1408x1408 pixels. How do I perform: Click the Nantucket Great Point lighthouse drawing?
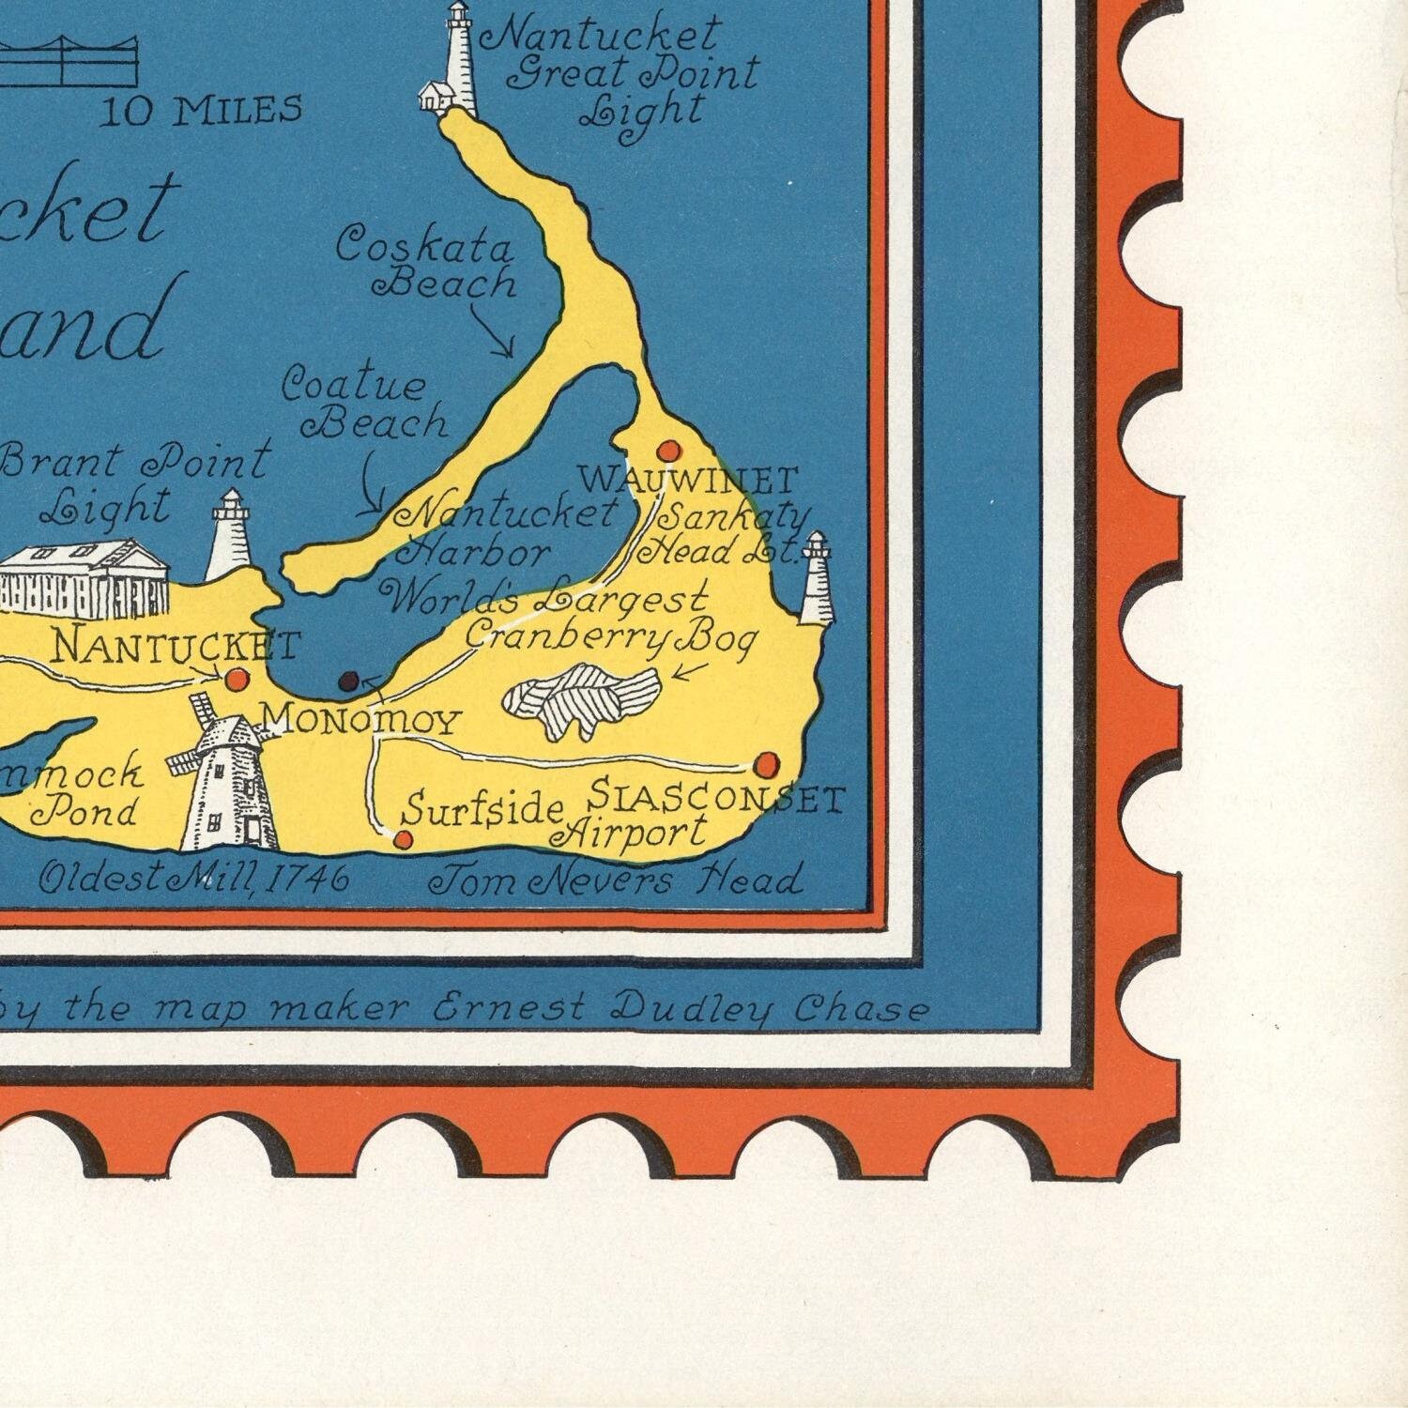pos(457,62)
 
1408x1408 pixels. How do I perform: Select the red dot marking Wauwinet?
pos(667,451)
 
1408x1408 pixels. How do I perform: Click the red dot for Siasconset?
pos(767,763)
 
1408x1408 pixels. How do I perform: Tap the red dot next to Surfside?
pos(404,840)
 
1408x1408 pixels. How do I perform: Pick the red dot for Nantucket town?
pos(237,678)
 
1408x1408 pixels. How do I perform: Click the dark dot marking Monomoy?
pos(348,681)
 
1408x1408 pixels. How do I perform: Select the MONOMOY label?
pos(361,721)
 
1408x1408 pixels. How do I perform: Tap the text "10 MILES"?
pos(201,111)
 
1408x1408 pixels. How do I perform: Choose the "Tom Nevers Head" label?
pos(615,880)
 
